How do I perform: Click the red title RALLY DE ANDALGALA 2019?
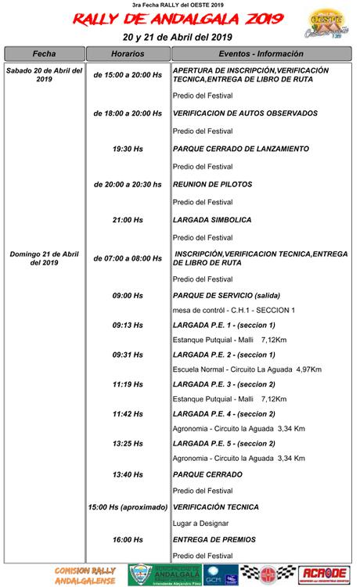[x=179, y=20]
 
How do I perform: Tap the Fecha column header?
[x=44, y=53]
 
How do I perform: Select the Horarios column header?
[x=128, y=53]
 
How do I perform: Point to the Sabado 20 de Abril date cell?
[x=44, y=74]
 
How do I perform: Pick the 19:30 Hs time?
[x=128, y=149]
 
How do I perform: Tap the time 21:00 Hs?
[x=128, y=220]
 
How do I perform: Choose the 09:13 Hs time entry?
[x=128, y=325]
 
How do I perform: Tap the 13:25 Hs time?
[x=128, y=443]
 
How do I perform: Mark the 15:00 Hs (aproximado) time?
[x=128, y=508]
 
